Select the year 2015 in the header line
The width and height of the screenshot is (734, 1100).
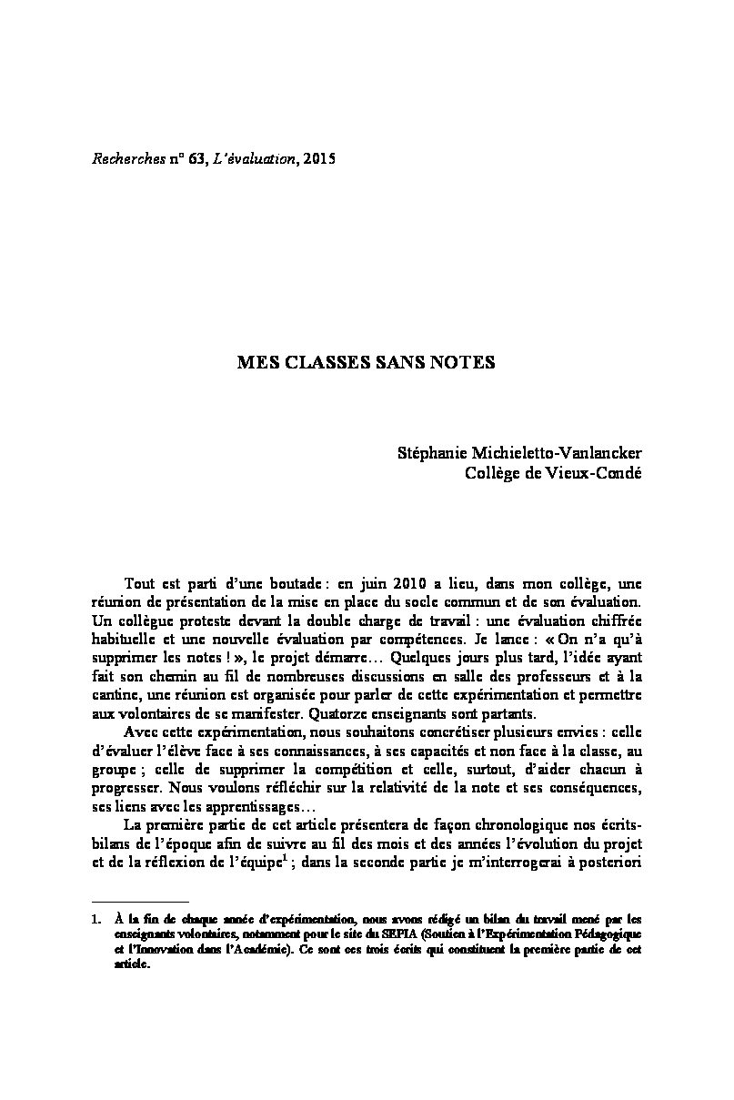(x=319, y=159)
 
